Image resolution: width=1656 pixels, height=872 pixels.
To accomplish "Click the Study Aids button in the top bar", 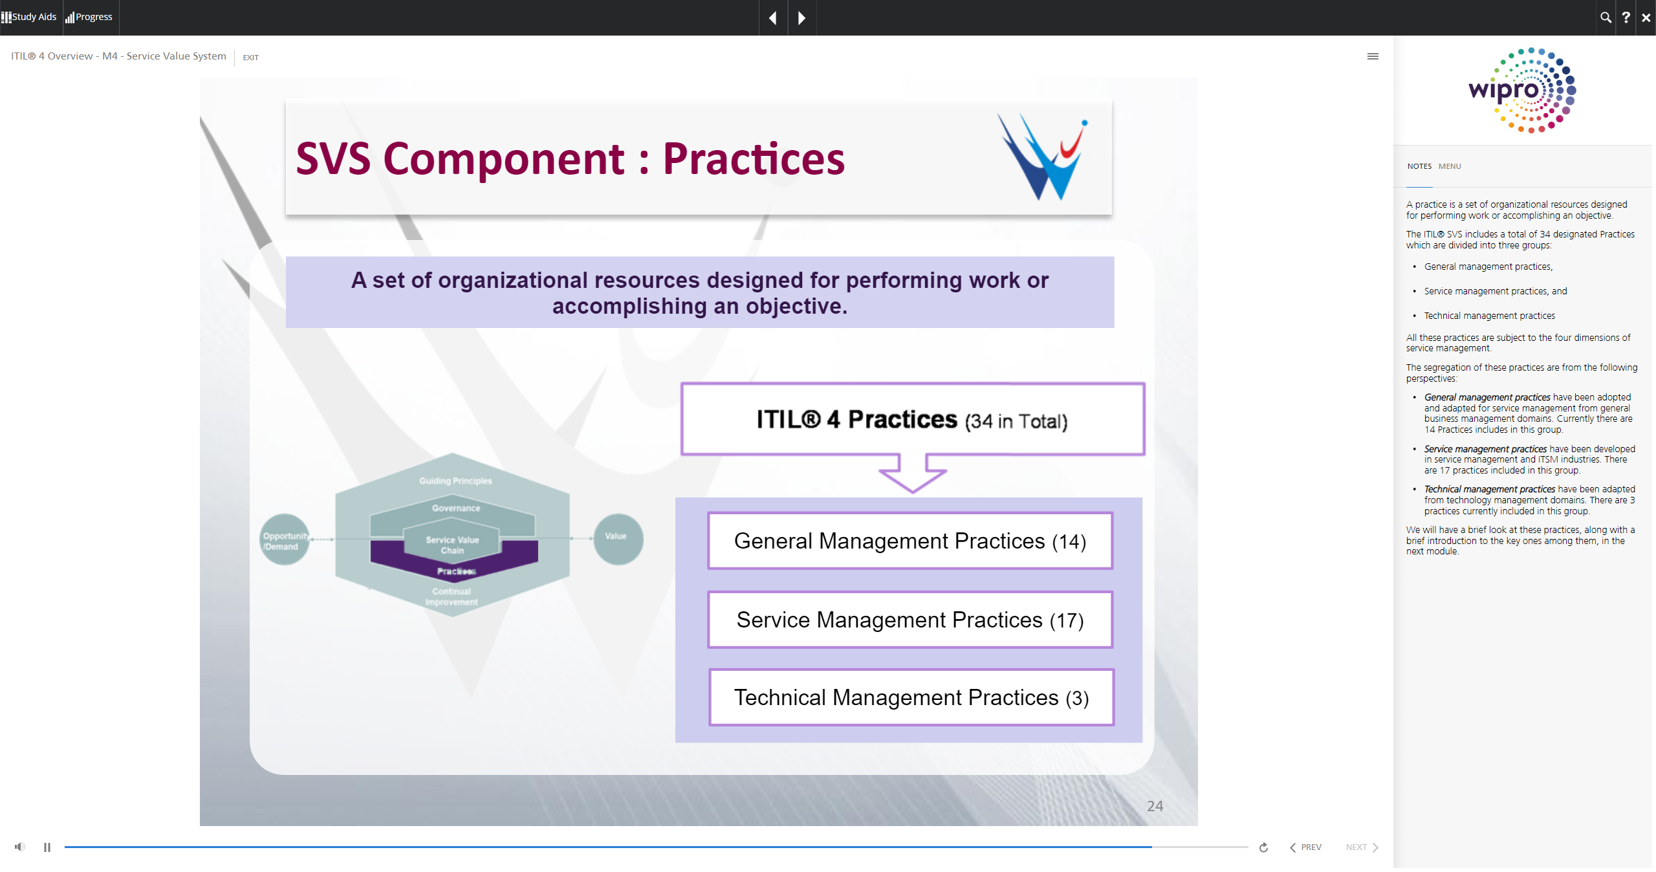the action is pyautogui.click(x=30, y=17).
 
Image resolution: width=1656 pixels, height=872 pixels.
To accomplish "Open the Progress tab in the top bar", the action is pyautogui.click(x=89, y=17).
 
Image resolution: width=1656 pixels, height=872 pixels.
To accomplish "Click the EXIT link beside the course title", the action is pyautogui.click(x=250, y=58).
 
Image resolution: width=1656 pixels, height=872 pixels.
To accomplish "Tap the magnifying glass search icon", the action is pyautogui.click(x=1606, y=17).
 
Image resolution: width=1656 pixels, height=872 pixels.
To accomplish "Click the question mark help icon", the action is pyautogui.click(x=1626, y=17).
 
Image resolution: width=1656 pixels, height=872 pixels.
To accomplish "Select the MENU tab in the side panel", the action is pyautogui.click(x=1450, y=166).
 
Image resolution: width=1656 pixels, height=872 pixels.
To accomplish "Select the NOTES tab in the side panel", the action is pyautogui.click(x=1419, y=166).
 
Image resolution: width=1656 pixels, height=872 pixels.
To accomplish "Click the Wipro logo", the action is pyautogui.click(x=1522, y=90).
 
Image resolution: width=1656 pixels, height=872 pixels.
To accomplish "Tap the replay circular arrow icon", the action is pyautogui.click(x=1263, y=847).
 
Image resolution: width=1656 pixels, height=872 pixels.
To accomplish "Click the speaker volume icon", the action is pyautogui.click(x=20, y=847).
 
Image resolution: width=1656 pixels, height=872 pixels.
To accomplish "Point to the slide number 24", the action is pyautogui.click(x=1155, y=806).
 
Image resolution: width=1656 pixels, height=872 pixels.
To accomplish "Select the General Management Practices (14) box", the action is pyautogui.click(x=910, y=541).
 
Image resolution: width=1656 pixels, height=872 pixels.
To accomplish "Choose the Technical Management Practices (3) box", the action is pyautogui.click(x=911, y=697).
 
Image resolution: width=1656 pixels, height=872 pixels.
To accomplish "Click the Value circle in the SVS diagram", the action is pyautogui.click(x=618, y=538).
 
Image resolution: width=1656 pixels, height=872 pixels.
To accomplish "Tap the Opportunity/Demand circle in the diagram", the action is pyautogui.click(x=285, y=540).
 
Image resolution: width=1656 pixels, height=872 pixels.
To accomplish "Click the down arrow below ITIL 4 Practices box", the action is pyautogui.click(x=912, y=474).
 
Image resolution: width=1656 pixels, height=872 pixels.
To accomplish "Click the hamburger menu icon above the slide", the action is pyautogui.click(x=1373, y=56).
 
